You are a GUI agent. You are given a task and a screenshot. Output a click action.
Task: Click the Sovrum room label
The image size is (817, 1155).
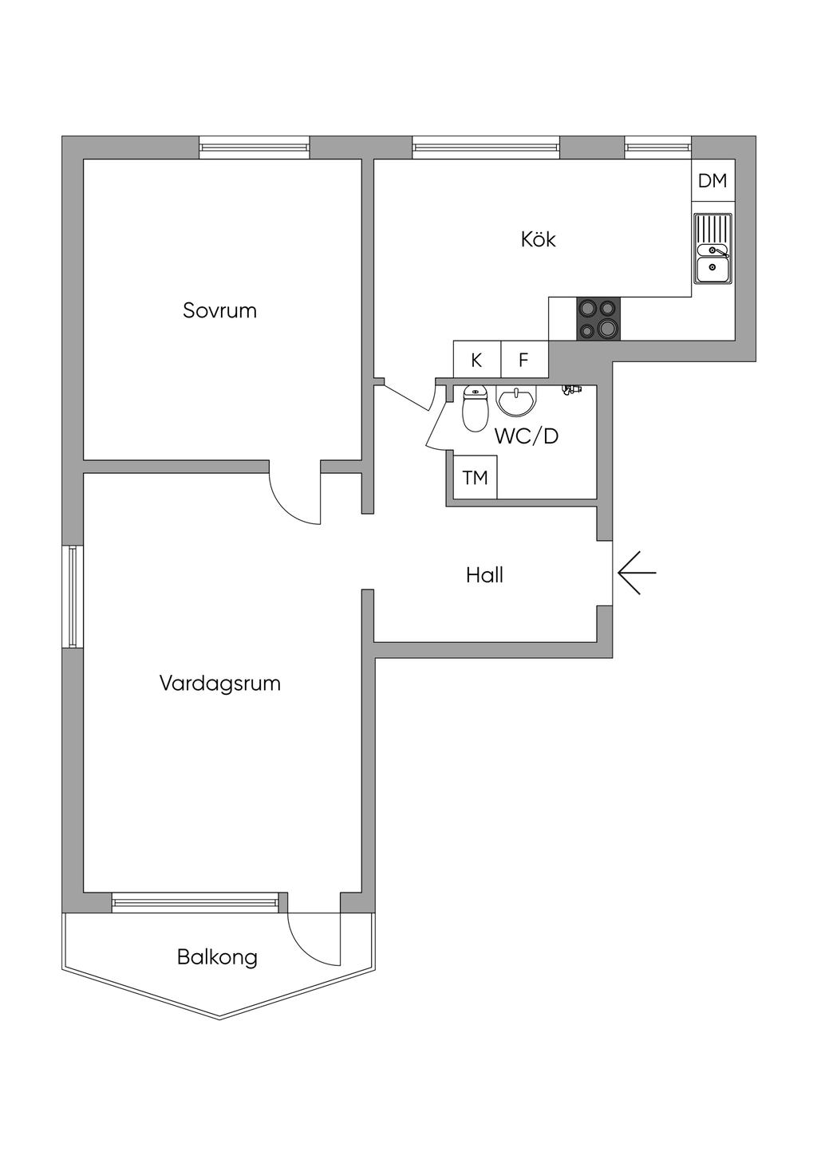pos(219,310)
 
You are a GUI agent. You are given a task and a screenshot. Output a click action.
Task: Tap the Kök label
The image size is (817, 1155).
pos(538,239)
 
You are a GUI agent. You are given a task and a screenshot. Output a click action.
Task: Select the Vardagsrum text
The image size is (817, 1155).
pos(219,684)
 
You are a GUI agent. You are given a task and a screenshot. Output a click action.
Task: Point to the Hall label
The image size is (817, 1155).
pos(484,575)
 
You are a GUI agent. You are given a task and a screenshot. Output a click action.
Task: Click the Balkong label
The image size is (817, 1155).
pos(217,956)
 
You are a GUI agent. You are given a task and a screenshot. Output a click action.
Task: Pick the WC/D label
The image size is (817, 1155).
pos(527,436)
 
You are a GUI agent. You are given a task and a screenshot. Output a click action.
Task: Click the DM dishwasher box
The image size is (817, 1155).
pos(712,181)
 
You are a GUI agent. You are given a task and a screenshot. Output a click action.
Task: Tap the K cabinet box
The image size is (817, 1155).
pos(476,360)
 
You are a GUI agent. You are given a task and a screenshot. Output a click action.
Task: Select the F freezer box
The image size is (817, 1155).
pos(523,360)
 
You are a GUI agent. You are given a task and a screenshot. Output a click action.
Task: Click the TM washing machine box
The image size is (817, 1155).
pos(475,478)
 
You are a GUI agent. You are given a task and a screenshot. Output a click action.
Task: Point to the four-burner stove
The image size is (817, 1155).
pos(598,318)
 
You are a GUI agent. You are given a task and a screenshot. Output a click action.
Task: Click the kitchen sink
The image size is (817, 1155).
pos(712,249)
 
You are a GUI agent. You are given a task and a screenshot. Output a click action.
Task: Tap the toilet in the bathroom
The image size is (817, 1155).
pos(475,408)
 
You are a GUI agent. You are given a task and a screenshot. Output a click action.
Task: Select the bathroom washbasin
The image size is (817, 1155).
pos(518,400)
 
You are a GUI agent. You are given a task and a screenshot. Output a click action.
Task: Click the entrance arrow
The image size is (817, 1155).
pos(637,574)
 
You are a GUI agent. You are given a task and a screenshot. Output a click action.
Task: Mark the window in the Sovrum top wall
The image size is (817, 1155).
pos(254,147)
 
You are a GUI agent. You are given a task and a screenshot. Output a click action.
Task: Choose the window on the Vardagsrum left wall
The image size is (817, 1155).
pos(72,596)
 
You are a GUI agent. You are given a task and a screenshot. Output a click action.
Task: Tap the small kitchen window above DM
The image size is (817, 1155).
pos(657,147)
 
